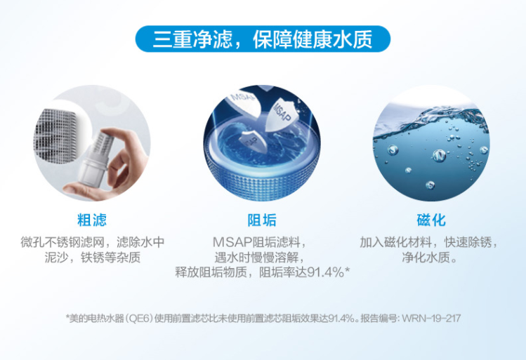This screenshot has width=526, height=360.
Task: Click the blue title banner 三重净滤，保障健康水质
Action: pos(263,39)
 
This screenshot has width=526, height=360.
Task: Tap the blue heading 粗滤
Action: pos(92,220)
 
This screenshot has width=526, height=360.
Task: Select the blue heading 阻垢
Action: pos(262,220)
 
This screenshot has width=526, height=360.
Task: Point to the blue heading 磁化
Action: pos(431,220)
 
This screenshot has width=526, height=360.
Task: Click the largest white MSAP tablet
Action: pos(281,114)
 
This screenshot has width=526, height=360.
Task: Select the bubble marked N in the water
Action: pos(439,156)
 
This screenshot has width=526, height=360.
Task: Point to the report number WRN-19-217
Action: pos(430,318)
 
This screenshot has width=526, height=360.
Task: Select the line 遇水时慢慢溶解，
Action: pos(261,257)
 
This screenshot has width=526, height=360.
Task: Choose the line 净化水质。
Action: pos(429,257)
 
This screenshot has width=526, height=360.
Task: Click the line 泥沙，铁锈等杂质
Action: pos(93,257)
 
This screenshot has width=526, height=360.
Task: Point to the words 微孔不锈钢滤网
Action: pos(63,241)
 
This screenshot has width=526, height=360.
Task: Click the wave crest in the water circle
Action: pos(436,116)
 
